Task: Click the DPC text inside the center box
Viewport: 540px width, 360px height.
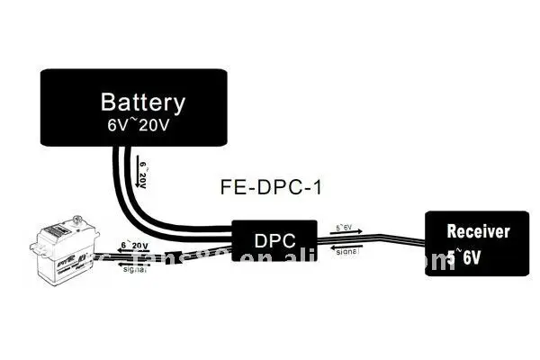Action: point(274,240)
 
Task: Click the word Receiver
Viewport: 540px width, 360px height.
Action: point(478,232)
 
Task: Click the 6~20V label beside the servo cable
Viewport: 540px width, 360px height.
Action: point(132,245)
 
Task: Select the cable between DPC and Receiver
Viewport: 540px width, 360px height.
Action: point(396,239)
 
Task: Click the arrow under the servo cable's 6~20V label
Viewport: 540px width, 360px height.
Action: point(132,251)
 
